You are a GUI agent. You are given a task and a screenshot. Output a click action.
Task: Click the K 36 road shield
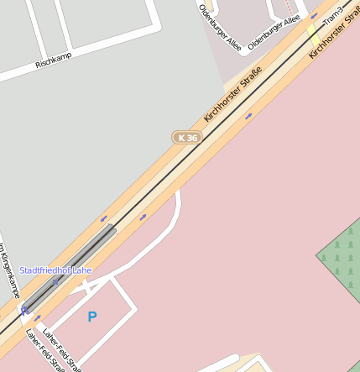[x=187, y=137]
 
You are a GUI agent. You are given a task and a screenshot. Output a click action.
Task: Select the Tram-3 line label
[x=333, y=16]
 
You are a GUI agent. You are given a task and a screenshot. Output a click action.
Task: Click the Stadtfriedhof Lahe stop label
[x=55, y=270]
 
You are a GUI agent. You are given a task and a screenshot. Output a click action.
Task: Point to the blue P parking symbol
[x=92, y=317]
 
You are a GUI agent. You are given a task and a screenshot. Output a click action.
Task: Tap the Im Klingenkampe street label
[x=9, y=270]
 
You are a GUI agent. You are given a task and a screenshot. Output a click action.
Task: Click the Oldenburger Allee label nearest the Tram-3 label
[x=274, y=32]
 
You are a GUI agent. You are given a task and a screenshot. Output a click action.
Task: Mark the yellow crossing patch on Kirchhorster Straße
[x=313, y=34]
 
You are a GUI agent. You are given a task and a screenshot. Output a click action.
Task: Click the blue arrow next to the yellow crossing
[x=314, y=15]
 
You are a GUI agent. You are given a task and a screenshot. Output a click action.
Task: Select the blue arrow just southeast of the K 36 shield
[x=248, y=116]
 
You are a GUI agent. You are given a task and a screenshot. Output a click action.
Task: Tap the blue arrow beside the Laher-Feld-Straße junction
[x=38, y=318]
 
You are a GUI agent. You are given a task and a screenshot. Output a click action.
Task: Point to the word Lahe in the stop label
[x=81, y=270]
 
